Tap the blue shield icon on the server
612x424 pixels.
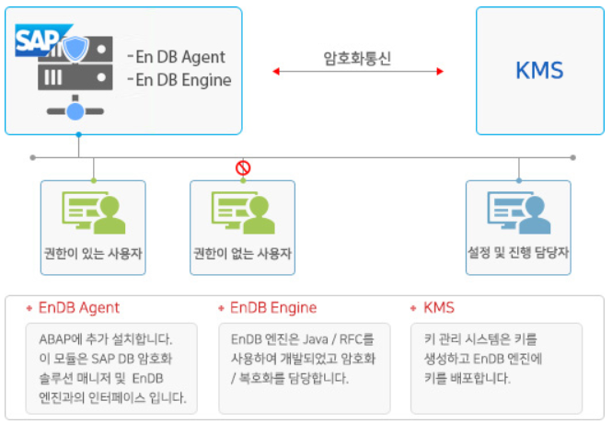tap(75, 49)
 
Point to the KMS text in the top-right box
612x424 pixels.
tap(539, 71)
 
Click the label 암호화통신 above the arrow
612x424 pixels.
tap(357, 59)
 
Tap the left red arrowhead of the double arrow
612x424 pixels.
tap(276, 72)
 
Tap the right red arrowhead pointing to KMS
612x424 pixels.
tap(440, 72)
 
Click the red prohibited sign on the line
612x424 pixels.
tap(243, 168)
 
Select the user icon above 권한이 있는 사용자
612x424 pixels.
tap(94, 212)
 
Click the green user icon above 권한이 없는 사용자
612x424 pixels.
tap(243, 212)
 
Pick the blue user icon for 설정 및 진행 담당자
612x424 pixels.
tap(519, 212)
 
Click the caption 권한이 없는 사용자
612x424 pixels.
tap(242, 254)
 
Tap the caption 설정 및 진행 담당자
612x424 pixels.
tap(518, 253)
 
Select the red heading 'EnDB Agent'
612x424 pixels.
tap(79, 308)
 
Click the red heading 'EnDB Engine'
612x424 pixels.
tap(273, 308)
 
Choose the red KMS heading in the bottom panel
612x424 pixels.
tap(439, 308)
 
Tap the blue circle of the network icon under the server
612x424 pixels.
tap(75, 111)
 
